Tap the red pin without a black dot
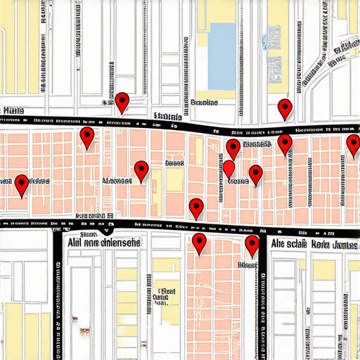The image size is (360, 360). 229,169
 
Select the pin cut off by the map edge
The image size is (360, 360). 353,146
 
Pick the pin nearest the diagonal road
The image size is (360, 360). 285,108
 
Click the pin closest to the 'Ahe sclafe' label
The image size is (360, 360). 252,245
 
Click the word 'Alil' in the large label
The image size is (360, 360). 75,243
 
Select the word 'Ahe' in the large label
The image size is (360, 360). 280,244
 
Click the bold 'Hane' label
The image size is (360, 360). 12,111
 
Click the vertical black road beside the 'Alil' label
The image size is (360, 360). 58,295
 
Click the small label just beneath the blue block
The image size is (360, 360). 204,103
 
